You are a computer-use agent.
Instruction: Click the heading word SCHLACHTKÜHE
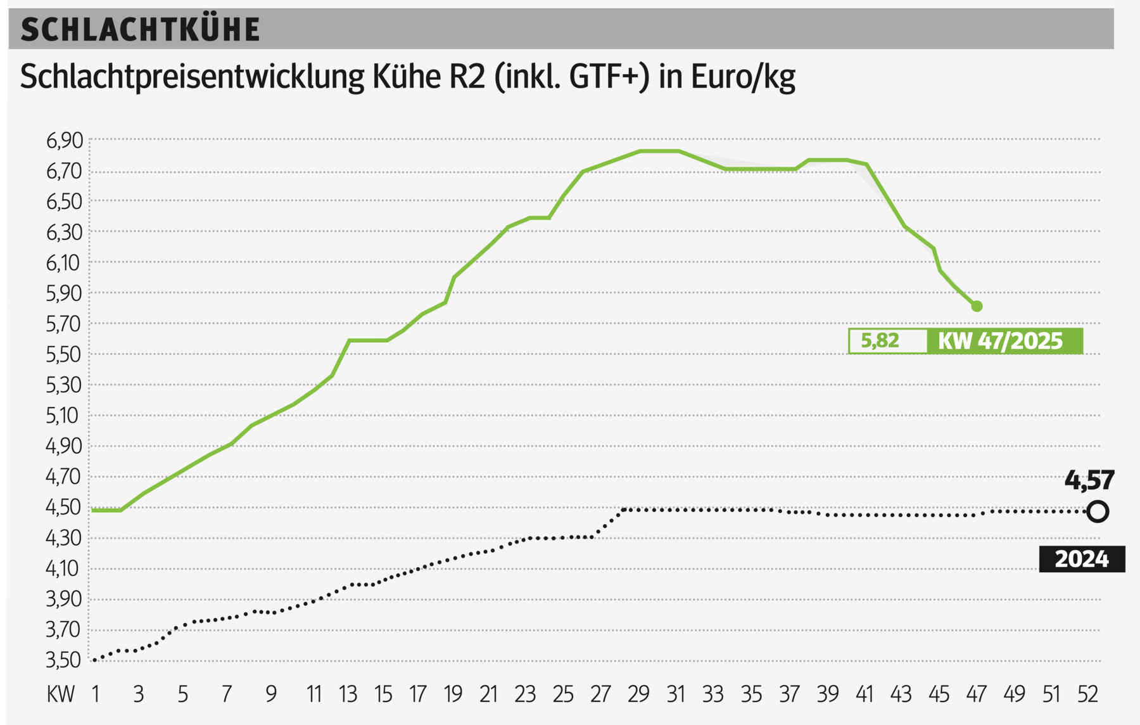[x=140, y=30]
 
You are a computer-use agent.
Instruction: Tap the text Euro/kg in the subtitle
[x=742, y=77]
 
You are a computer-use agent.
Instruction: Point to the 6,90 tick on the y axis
[x=65, y=140]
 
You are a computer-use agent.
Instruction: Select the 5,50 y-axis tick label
[x=65, y=354]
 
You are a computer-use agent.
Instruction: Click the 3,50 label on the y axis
[x=65, y=660]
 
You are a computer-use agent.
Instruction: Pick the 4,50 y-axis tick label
[x=65, y=507]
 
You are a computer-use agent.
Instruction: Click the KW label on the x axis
[x=61, y=695]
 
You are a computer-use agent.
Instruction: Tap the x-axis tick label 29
[x=638, y=695]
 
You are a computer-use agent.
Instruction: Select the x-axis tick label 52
[x=1087, y=695]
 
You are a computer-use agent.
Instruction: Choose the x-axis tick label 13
[x=348, y=695]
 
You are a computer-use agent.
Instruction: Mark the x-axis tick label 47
[x=976, y=695]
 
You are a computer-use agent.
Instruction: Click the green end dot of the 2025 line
[x=977, y=306]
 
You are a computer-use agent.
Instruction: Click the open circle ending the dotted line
[x=1098, y=511]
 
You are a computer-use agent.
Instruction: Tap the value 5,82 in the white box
[x=880, y=341]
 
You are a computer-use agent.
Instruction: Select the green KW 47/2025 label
[x=1001, y=341]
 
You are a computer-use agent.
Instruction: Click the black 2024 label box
[x=1082, y=559]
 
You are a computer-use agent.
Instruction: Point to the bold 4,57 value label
[x=1089, y=480]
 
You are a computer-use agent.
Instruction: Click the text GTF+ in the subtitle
[x=609, y=77]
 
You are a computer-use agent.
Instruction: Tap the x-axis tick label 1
[x=96, y=695]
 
